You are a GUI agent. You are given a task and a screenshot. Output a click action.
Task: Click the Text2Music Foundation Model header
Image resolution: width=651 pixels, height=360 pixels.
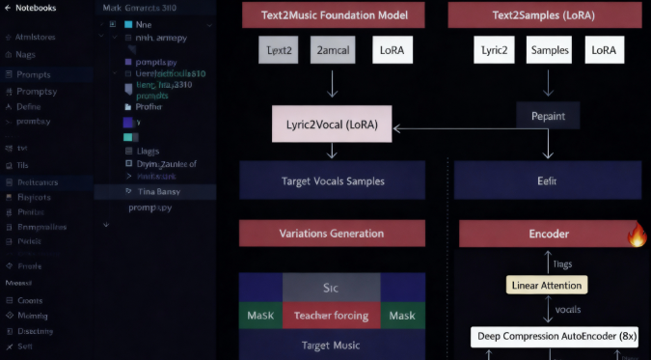coord(332,15)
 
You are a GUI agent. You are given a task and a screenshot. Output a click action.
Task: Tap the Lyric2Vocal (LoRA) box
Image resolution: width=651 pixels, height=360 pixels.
coord(332,125)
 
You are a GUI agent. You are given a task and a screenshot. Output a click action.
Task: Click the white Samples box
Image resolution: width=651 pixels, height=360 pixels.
coord(549,50)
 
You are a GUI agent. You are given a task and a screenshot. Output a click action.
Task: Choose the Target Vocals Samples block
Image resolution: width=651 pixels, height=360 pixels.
coord(332,180)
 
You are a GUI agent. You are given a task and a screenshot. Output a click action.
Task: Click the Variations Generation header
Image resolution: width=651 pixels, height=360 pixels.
coord(332,234)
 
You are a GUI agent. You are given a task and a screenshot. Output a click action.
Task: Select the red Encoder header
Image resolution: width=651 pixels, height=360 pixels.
coord(548,234)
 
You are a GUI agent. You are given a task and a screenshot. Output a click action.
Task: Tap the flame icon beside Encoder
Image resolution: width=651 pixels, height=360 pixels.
coord(637,235)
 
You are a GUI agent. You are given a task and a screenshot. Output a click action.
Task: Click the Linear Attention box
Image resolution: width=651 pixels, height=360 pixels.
coord(546,285)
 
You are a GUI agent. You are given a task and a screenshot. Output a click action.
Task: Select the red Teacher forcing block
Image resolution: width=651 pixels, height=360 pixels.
coord(332,316)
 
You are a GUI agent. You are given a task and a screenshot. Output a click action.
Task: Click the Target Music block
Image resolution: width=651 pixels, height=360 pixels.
coord(332,345)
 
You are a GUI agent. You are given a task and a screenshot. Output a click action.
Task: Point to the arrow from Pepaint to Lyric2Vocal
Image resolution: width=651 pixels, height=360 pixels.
coord(453,127)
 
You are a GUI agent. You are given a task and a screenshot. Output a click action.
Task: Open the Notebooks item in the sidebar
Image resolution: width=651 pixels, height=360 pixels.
coord(36,9)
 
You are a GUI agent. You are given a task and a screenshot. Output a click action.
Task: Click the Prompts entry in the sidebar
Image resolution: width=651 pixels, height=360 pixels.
coord(34,74)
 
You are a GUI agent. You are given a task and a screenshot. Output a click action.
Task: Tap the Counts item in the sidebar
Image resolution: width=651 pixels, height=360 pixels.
coord(31,300)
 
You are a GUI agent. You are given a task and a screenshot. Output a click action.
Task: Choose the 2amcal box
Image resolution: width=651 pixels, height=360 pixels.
coord(332,48)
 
